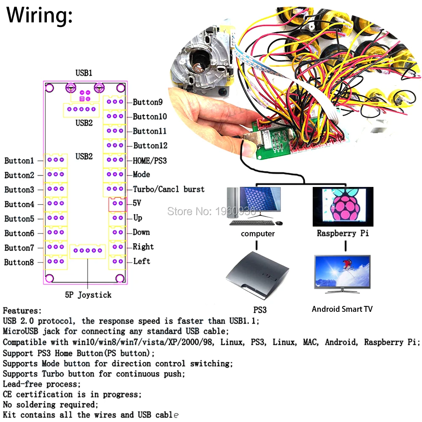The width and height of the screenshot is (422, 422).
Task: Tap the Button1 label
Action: tap(19, 161)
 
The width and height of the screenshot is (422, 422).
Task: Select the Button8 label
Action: tap(19, 262)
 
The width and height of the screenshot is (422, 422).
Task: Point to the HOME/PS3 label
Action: tap(150, 160)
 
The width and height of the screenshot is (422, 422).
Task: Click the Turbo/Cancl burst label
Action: tap(168, 189)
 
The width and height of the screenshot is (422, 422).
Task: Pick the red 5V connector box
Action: tap(118, 204)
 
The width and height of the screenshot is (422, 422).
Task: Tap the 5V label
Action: tap(137, 203)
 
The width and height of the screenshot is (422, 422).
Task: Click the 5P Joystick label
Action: tap(88, 295)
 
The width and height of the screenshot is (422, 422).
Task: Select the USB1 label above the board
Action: tap(84, 73)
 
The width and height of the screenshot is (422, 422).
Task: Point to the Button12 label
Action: tap(150, 146)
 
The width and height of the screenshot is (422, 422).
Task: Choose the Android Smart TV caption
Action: tap(342, 309)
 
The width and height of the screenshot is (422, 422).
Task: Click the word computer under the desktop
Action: tap(258, 234)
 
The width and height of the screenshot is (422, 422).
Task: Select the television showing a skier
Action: tap(342, 273)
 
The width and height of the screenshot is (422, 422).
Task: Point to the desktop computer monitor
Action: tap(260, 202)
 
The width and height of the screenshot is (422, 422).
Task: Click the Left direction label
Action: tap(142, 261)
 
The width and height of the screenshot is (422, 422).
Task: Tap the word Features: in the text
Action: tap(22, 311)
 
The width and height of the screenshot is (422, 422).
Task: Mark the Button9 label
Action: tap(148, 102)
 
